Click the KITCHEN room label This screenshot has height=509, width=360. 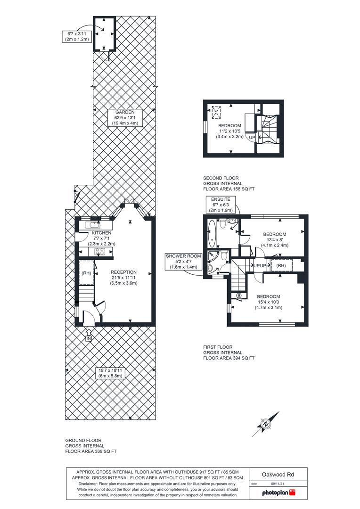101,233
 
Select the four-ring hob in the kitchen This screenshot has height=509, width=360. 100,252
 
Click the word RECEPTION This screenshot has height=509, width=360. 123,272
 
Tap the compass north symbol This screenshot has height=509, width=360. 266,424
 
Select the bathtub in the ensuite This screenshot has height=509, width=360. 212,234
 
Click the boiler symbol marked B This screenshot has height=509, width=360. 238,296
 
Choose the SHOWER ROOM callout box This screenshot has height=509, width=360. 183,262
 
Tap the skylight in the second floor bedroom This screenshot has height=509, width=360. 216,112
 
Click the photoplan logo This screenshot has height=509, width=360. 278,493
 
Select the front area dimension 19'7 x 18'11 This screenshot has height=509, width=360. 110,373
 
